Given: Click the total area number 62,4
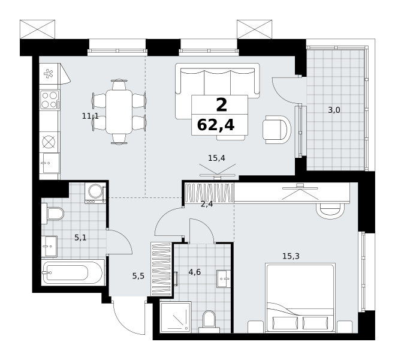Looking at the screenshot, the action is coord(216,125).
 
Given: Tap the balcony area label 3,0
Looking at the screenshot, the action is coord(334,110).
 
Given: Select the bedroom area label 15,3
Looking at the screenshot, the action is coord(291,256).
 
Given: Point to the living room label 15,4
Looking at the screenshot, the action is coord(216,158).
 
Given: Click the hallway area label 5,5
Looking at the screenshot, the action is coord(138,276).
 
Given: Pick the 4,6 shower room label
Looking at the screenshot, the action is coord(195,272).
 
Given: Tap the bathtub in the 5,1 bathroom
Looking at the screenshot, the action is coord(73,272).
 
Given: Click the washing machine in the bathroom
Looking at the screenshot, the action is coord(95,193).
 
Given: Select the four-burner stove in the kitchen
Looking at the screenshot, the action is coord(50,100).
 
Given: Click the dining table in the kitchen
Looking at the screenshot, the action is coord(119,112).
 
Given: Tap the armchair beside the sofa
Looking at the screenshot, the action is coord(276,130).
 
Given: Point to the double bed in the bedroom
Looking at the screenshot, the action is coord(300,298).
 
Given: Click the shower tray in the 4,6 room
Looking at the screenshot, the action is coord(176,317).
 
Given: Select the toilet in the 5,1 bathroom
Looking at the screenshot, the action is coord(53,214).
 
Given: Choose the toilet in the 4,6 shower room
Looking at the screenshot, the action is coord(209,322).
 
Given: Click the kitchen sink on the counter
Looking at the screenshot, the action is coord(49,163).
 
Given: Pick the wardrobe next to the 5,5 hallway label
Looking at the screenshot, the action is coord(161,269).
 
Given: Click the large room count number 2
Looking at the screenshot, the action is coord(221,105).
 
